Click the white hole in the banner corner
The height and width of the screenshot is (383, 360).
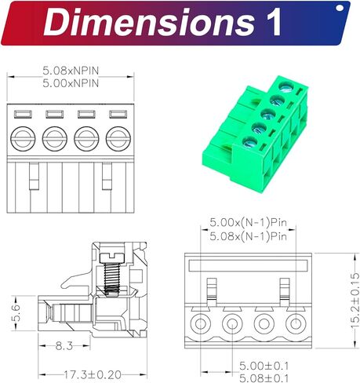(339, 9)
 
